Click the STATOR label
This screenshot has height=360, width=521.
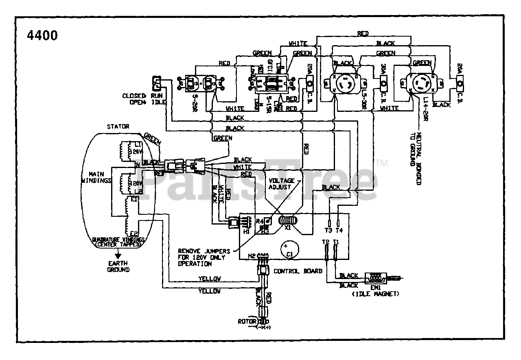[x=118, y=127]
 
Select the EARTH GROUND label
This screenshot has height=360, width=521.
[x=118, y=267]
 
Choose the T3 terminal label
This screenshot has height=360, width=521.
[x=328, y=230]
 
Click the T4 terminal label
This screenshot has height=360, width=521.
[x=339, y=230]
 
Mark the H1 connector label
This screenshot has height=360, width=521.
[x=246, y=231]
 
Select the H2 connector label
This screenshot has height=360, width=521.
[x=252, y=256]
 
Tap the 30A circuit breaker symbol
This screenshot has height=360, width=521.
[x=383, y=84]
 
